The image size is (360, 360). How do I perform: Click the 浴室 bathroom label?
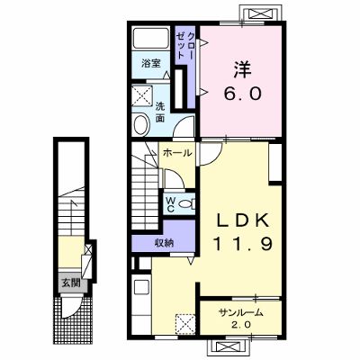point(151,63)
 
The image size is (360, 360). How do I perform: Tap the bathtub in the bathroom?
point(151,38)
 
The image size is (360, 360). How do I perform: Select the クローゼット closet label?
point(185,45)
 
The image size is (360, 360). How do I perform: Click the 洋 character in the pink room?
point(242,69)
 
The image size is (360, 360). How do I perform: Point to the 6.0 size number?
point(242,94)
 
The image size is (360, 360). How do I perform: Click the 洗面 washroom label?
point(160,112)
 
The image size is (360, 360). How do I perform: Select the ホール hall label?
point(177,153)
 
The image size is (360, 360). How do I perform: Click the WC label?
point(170,204)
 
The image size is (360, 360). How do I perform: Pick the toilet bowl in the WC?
point(185,204)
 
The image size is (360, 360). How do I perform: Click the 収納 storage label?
point(165,242)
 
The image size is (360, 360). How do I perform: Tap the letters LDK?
point(242,221)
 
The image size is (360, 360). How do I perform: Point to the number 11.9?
point(243,244)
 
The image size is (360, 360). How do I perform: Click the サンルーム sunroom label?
point(241,313)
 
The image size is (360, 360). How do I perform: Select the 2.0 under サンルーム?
point(241,325)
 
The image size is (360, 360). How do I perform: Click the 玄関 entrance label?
point(71,283)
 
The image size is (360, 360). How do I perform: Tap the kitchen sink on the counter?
point(141,287)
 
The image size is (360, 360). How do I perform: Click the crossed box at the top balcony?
point(260,13)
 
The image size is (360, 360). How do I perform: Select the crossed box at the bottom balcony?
point(226,347)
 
